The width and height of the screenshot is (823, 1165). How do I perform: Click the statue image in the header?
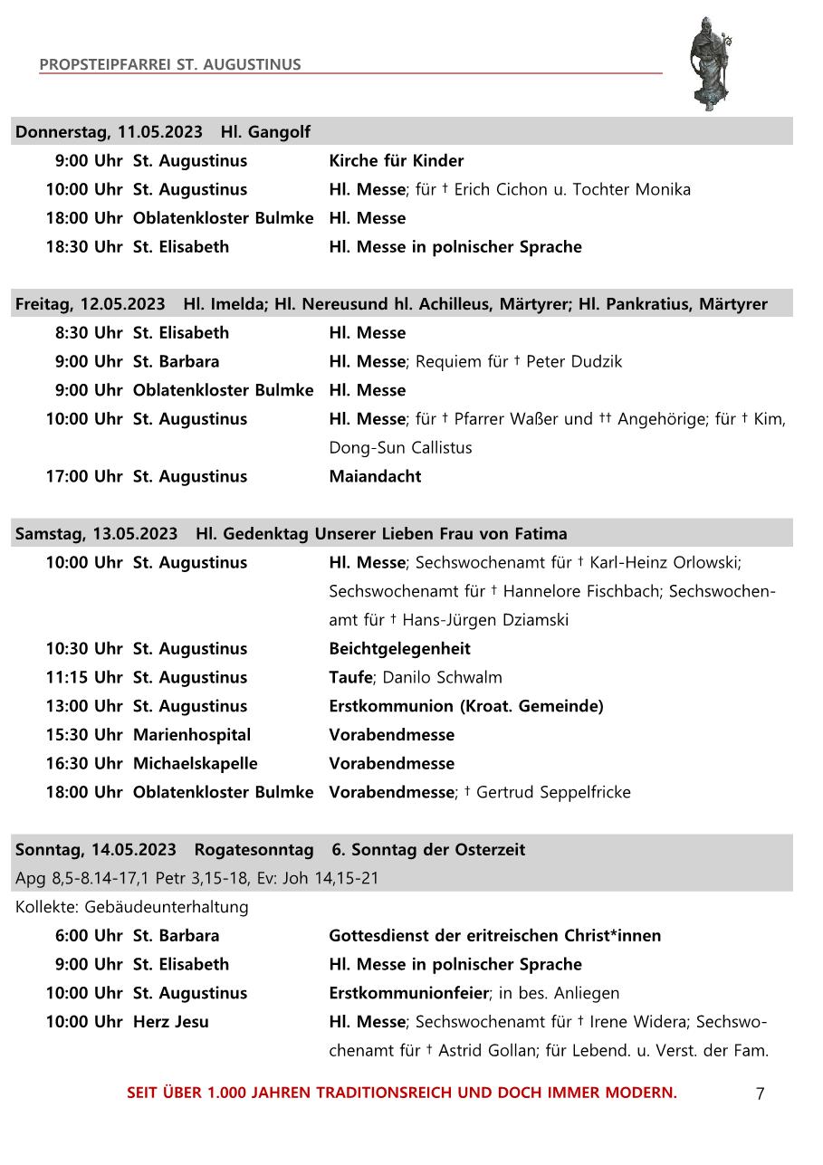[710, 63]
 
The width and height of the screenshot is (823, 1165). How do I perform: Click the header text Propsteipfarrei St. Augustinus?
[170, 65]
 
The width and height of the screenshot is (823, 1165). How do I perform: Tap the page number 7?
[760, 1093]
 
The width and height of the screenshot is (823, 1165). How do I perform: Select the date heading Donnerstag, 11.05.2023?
[109, 132]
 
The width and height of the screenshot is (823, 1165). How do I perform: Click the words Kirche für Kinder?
[396, 161]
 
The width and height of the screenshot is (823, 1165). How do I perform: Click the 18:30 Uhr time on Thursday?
[84, 247]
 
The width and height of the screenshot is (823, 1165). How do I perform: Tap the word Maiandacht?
[375, 477]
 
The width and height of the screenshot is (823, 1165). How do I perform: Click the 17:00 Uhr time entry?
[84, 477]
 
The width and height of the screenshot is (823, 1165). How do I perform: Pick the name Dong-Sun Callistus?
[400, 448]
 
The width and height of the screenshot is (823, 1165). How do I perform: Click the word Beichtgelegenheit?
[399, 649]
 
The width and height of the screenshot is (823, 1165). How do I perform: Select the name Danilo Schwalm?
[443, 678]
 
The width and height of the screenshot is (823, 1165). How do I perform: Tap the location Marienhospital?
[192, 735]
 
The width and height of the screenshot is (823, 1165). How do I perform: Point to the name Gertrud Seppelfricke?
[553, 793]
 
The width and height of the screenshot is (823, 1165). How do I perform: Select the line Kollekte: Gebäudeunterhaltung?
[131, 907]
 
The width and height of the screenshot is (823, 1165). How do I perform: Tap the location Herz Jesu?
[171, 1022]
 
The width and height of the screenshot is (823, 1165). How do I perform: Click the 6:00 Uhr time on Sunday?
[88, 936]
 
